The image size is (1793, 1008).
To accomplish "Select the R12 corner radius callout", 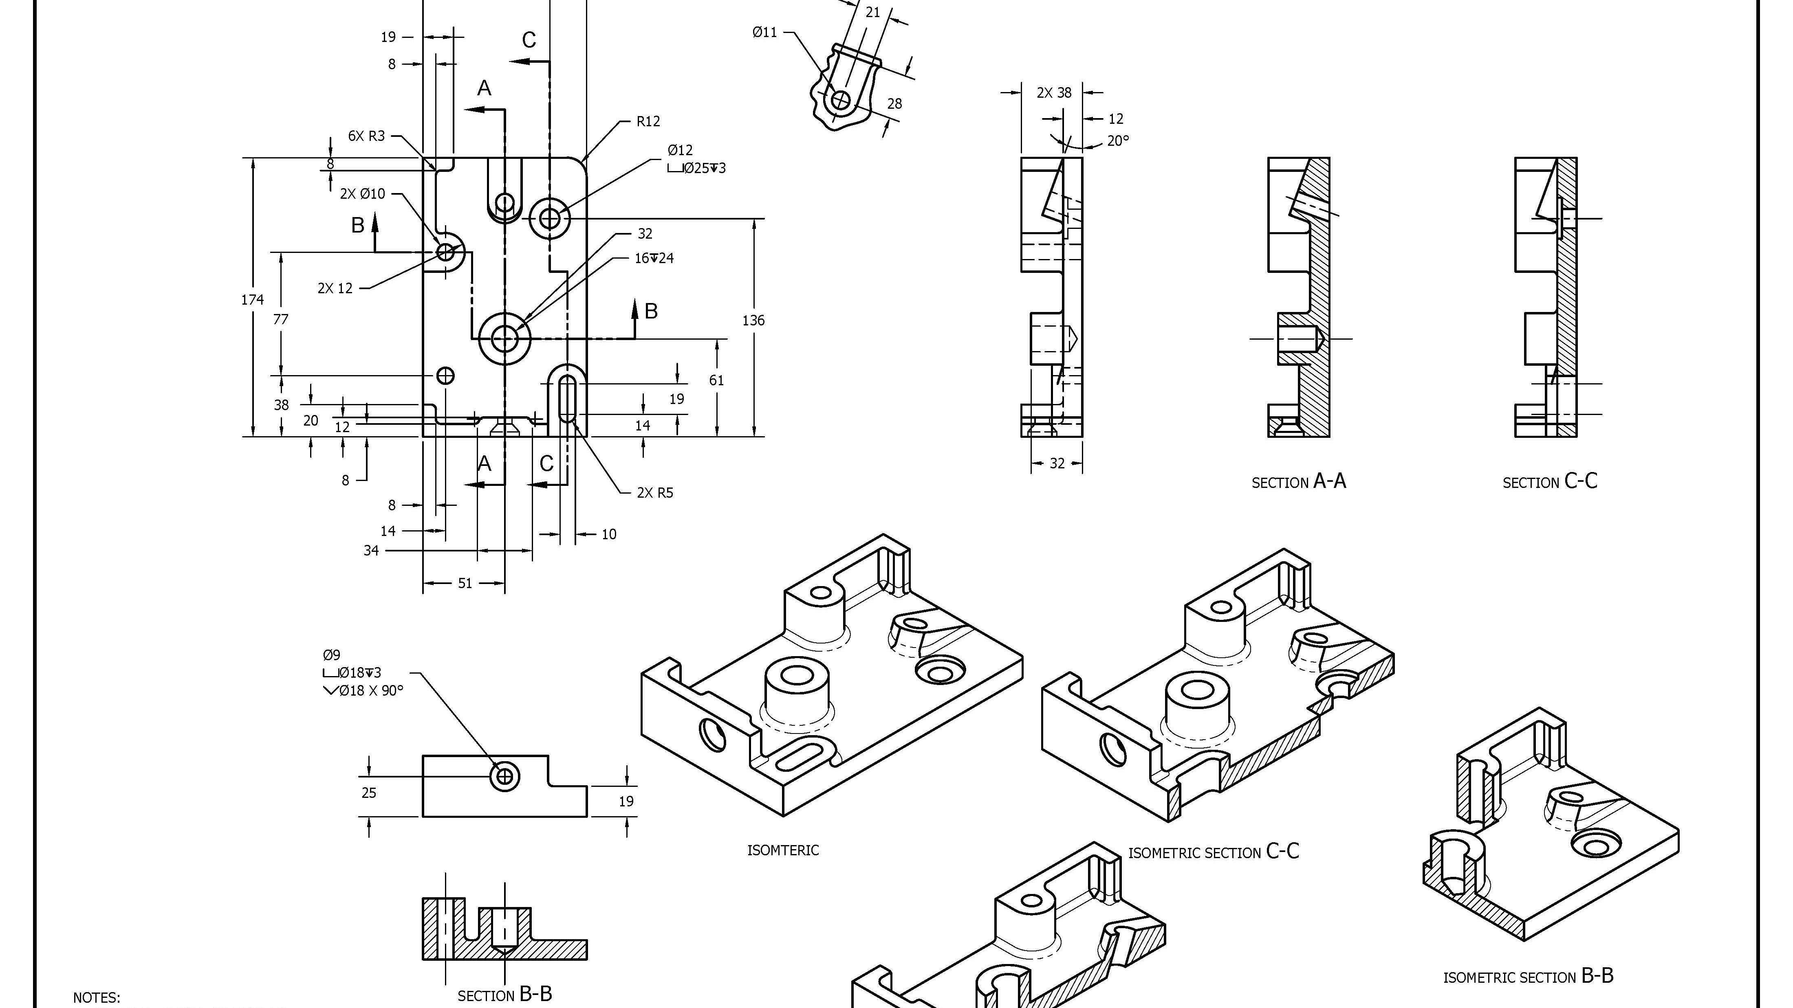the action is (x=648, y=122).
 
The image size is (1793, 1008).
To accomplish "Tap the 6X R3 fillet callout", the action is (x=366, y=136).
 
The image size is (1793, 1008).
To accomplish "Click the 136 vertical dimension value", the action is (x=753, y=321).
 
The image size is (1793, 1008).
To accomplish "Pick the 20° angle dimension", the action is (x=1118, y=141).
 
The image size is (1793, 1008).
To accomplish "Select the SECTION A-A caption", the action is (x=1299, y=481).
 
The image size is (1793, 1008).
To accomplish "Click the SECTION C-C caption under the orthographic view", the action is (x=1550, y=481).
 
